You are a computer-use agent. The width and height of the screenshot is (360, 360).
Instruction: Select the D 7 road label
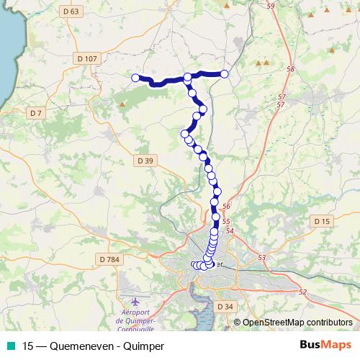(x=35, y=113)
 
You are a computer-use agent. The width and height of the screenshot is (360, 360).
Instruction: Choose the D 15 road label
(x=321, y=220)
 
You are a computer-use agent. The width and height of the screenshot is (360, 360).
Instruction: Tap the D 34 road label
(x=225, y=306)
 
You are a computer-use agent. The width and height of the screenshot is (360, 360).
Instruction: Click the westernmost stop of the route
(x=135, y=77)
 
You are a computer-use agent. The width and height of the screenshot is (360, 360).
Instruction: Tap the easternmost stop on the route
(x=225, y=73)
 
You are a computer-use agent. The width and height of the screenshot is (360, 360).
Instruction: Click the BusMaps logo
(x=325, y=345)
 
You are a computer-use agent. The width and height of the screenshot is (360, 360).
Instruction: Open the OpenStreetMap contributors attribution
(x=297, y=323)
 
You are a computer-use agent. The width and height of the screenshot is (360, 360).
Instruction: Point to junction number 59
(x=271, y=6)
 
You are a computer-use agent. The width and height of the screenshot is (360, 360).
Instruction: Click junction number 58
(x=290, y=69)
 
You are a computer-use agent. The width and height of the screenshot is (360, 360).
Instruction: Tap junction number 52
(x=302, y=292)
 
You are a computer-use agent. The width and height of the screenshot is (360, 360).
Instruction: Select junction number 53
(x=261, y=257)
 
